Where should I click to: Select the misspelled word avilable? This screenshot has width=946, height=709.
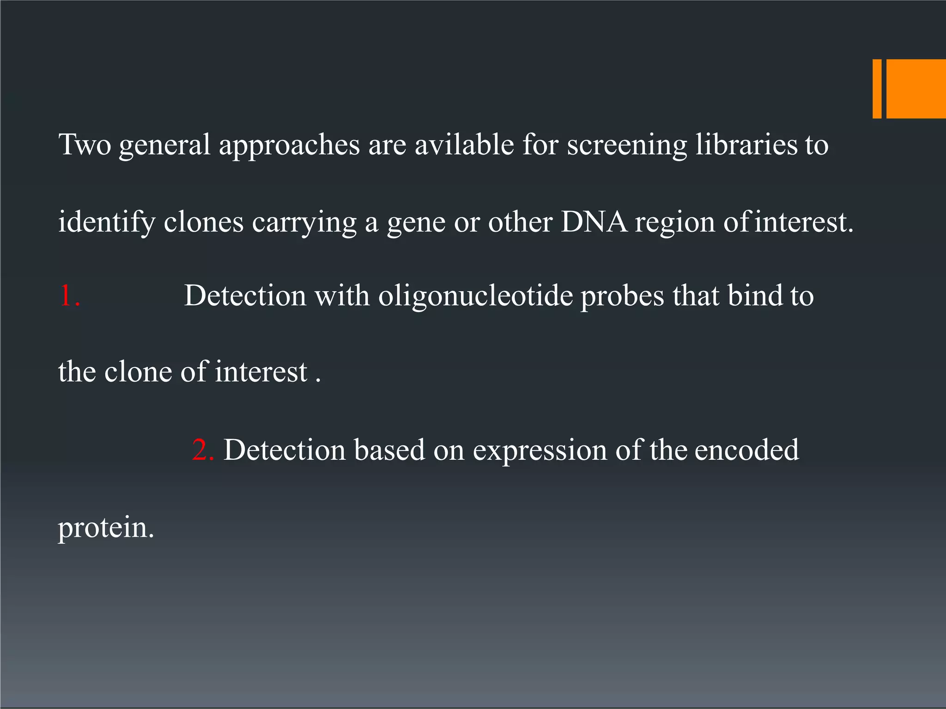(464, 145)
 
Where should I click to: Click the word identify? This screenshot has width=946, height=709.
(107, 222)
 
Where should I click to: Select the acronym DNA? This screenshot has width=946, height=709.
(594, 222)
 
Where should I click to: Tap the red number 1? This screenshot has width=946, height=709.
(69, 295)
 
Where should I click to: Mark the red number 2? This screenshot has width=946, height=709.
(202, 450)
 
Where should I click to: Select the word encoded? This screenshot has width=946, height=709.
(746, 450)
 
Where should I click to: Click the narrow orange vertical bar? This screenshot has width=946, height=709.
(877, 89)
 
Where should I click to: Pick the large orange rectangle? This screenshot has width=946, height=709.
(916, 89)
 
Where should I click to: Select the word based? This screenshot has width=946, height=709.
(389, 450)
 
